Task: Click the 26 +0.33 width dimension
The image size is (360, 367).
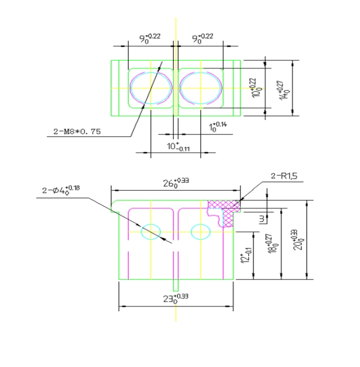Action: click(176, 183)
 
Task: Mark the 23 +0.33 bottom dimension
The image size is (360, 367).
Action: click(176, 298)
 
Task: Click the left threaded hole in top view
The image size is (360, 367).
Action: click(151, 88)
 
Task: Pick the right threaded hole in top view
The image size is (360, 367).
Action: click(201, 88)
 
